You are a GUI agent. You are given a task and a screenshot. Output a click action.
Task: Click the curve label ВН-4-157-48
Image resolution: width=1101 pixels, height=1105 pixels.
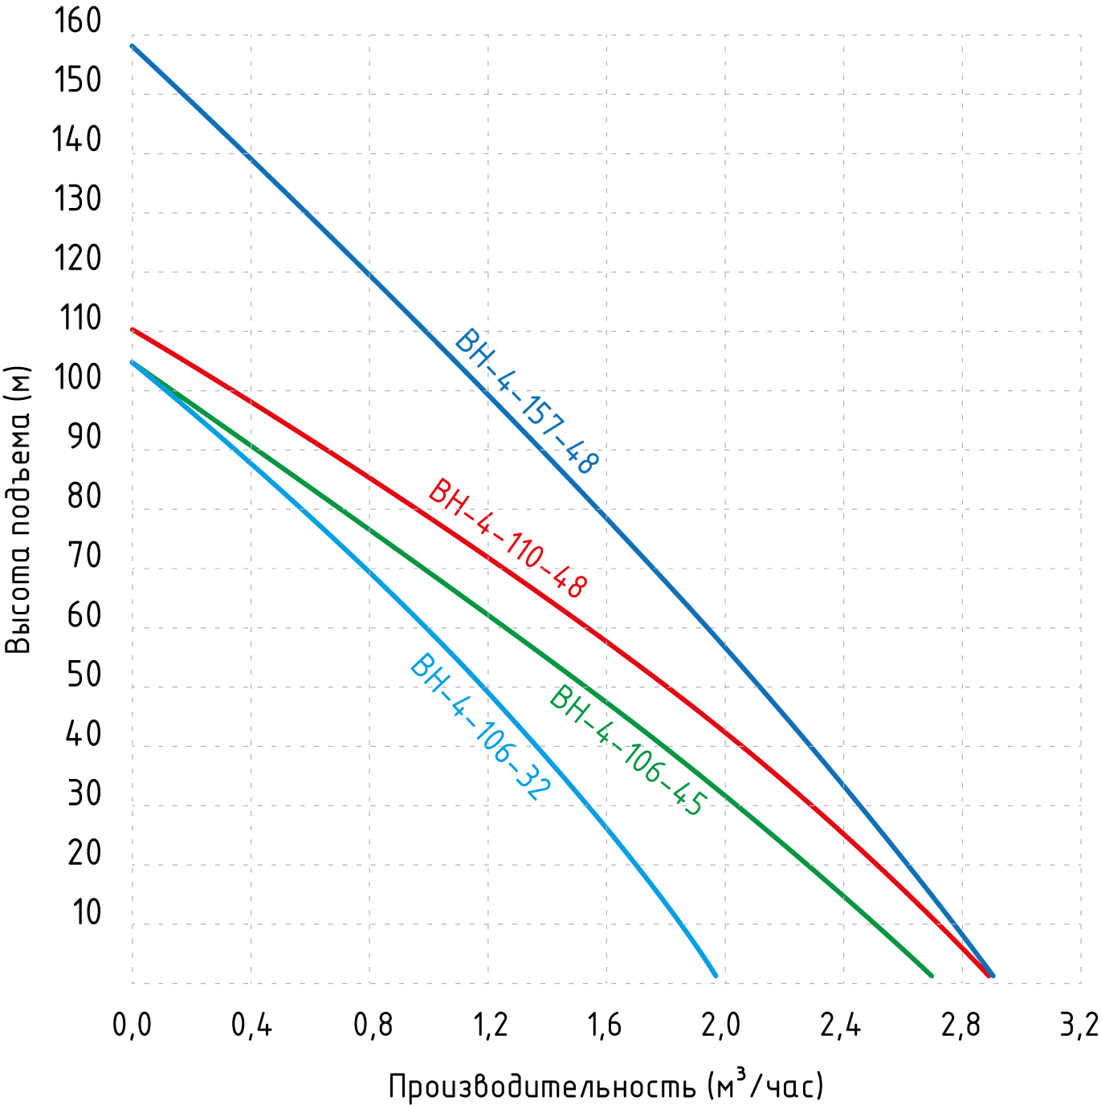pyautogui.click(x=527, y=402)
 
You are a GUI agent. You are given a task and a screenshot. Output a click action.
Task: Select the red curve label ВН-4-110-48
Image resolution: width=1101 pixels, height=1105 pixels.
pyautogui.click(x=508, y=539)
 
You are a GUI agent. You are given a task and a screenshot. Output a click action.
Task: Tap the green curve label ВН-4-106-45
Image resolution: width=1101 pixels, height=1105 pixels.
pyautogui.click(x=628, y=751)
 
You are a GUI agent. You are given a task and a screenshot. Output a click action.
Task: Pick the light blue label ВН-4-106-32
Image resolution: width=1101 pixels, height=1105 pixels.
pyautogui.click(x=480, y=727)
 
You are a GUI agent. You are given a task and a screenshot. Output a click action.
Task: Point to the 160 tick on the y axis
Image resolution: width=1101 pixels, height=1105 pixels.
pyautogui.click(x=78, y=21)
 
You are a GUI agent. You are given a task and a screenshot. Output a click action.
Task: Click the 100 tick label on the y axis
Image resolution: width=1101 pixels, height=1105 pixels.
pyautogui.click(x=78, y=377)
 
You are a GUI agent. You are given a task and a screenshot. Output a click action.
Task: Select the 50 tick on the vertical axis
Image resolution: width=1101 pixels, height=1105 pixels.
pyautogui.click(x=84, y=675)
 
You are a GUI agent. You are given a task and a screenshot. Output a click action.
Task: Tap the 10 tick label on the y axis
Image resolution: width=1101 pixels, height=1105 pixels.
pyautogui.click(x=87, y=912)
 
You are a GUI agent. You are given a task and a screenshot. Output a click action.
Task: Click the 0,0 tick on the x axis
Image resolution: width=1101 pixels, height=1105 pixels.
pyautogui.click(x=132, y=1026)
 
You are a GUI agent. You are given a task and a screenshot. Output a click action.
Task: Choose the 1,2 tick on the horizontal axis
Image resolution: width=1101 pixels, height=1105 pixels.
pyautogui.click(x=489, y=1026)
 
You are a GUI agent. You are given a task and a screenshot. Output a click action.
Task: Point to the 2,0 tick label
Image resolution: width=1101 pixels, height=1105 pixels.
pyautogui.click(x=720, y=1026)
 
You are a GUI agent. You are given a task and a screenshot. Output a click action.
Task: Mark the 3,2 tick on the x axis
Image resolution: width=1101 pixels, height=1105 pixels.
pyautogui.click(x=1079, y=1026)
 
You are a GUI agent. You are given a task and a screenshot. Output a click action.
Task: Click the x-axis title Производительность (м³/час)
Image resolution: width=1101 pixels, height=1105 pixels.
pyautogui.click(x=606, y=1086)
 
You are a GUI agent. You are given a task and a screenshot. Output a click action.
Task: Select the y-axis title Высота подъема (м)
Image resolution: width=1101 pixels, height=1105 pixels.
pyautogui.click(x=18, y=511)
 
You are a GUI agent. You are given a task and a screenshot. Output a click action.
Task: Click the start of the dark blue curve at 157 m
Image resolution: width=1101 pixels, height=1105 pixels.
pyautogui.click(x=133, y=47)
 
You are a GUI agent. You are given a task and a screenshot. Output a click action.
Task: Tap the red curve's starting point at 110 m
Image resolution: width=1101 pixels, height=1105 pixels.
pyautogui.click(x=133, y=330)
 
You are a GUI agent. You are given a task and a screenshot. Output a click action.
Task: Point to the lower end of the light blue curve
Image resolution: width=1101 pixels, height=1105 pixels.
pyautogui.click(x=715, y=975)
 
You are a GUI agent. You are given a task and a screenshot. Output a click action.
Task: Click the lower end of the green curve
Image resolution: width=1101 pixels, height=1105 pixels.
pyautogui.click(x=931, y=975)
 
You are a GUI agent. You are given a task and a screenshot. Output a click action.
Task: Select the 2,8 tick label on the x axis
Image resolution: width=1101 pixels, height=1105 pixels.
pyautogui.click(x=960, y=1026)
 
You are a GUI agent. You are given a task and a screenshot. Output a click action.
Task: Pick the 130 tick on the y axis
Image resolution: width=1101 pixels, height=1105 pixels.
pyautogui.click(x=78, y=199)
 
